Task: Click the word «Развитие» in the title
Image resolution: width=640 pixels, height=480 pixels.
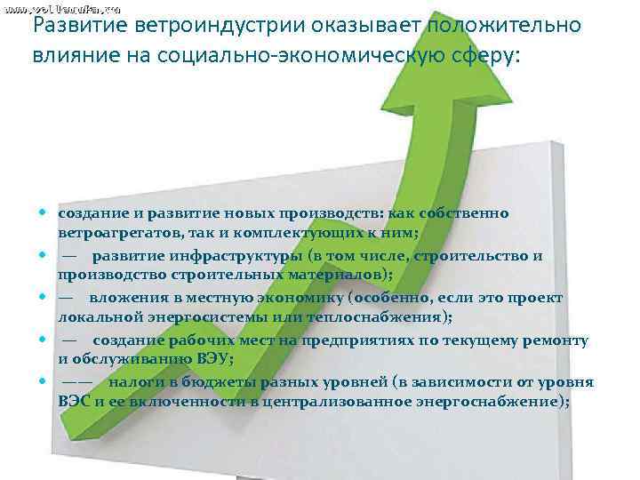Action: (x=73, y=26)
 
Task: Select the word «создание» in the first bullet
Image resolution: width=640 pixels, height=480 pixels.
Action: (x=92, y=213)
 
